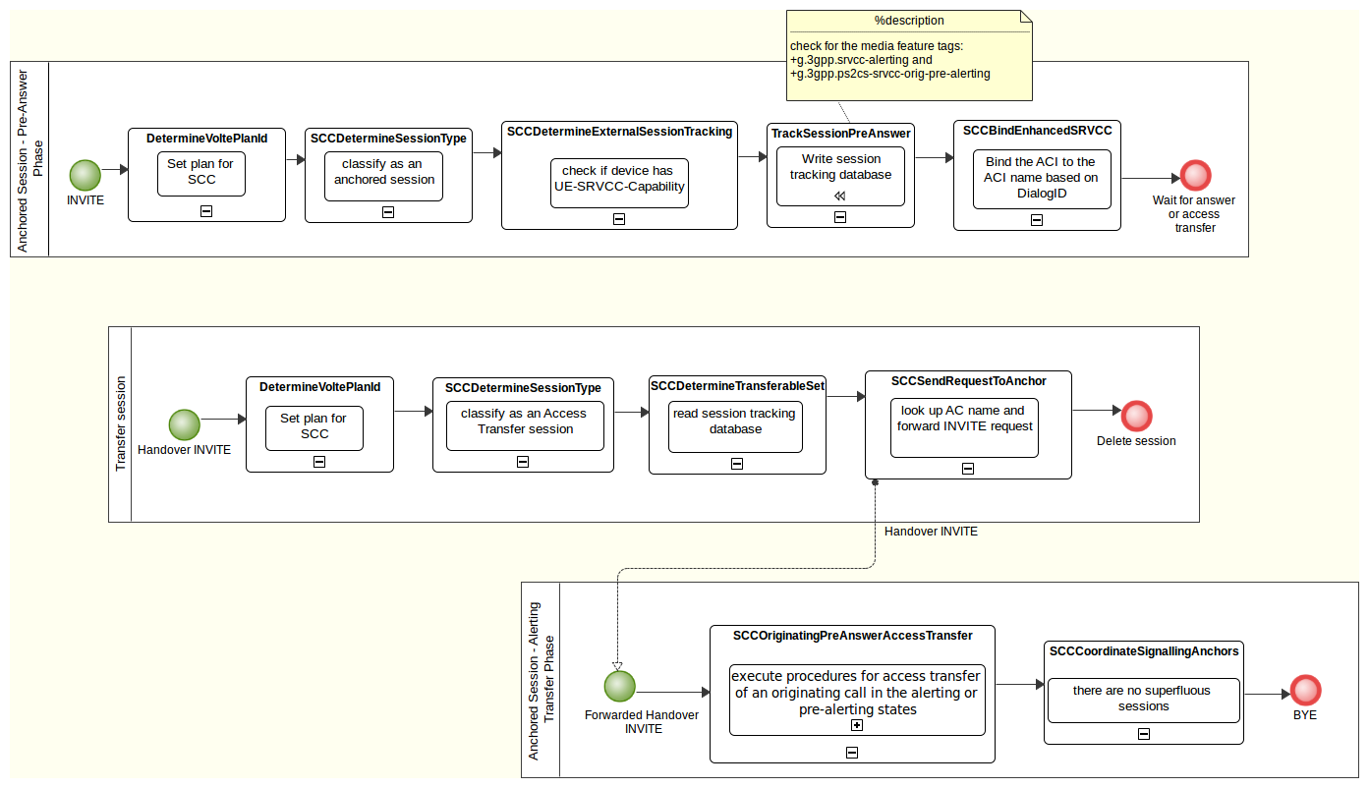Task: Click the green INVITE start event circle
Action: click(86, 176)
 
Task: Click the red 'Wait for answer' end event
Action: click(1195, 176)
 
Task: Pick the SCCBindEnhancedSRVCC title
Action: click(1037, 130)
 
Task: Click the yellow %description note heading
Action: click(909, 21)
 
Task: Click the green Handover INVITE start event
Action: click(185, 425)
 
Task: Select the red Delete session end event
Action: click(1136, 416)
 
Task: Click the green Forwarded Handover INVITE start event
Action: click(619, 687)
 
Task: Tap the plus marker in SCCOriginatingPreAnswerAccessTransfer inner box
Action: click(857, 725)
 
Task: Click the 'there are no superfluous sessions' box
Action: click(1143, 700)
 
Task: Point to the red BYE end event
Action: click(1305, 691)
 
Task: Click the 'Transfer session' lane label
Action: click(121, 423)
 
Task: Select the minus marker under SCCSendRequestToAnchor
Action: click(968, 469)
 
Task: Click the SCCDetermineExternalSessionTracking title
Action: click(619, 131)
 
